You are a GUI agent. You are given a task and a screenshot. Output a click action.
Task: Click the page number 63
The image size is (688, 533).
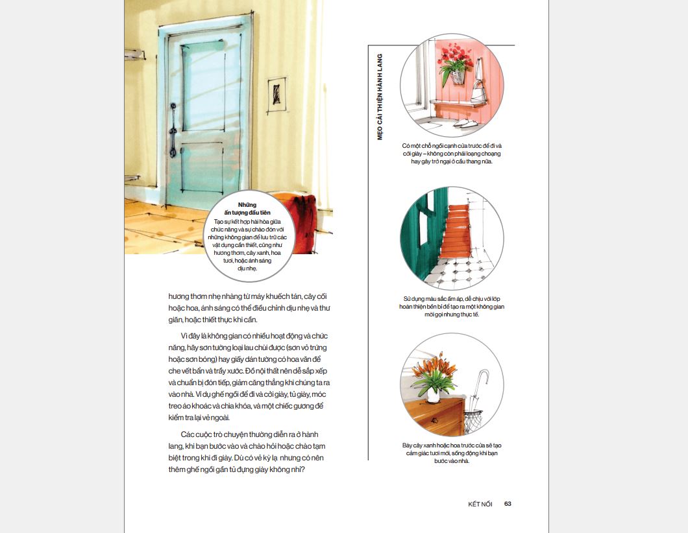[x=508, y=504]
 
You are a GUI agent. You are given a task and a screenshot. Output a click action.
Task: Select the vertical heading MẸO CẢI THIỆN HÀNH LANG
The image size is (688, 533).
[x=380, y=97]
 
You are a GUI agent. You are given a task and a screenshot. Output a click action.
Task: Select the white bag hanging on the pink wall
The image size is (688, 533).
[x=478, y=91]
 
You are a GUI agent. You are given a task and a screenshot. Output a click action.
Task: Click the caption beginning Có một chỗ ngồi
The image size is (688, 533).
[x=451, y=154]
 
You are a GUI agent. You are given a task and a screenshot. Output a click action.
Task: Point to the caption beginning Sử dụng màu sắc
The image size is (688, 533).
[x=451, y=307]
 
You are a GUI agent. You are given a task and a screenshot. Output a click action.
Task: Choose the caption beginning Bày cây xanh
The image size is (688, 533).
[x=451, y=453]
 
